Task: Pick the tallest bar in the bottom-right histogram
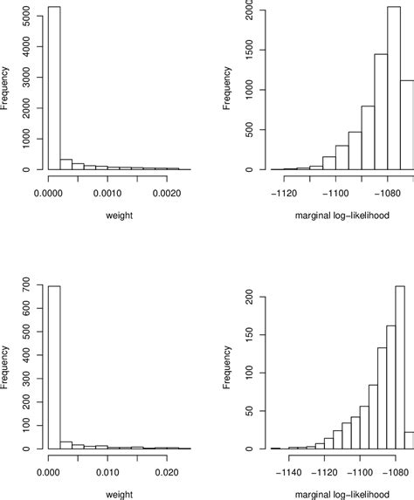click(400, 366)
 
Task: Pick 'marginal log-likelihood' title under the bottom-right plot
click(341, 493)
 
